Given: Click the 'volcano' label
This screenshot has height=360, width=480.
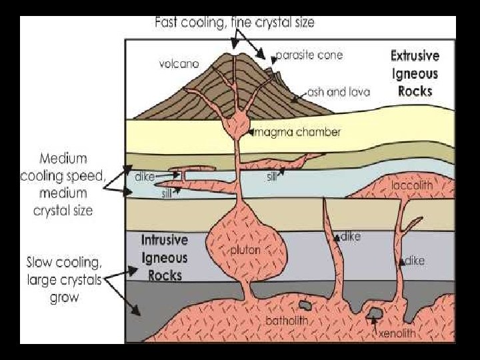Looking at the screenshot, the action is [x=179, y=64].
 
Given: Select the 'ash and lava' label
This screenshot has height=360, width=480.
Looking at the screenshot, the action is [x=339, y=92].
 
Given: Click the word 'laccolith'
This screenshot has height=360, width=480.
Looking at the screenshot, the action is [x=411, y=185].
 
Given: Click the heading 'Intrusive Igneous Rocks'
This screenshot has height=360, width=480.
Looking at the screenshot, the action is [x=165, y=257].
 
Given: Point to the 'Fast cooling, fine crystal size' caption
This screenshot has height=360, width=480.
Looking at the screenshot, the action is [x=235, y=22].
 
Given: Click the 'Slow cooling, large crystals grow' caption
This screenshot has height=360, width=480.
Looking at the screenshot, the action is [x=64, y=279].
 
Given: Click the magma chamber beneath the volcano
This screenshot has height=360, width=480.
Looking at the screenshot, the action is [x=235, y=124].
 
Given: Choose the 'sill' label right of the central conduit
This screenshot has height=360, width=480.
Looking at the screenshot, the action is [x=272, y=178].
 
